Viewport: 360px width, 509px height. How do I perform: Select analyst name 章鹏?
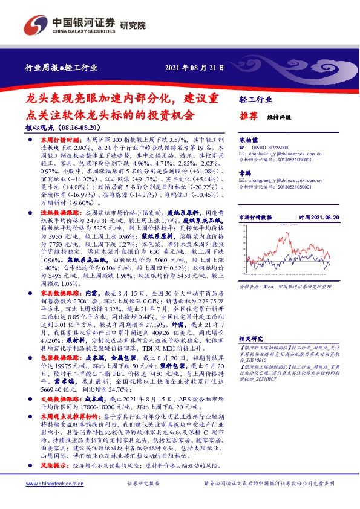[244, 172]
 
